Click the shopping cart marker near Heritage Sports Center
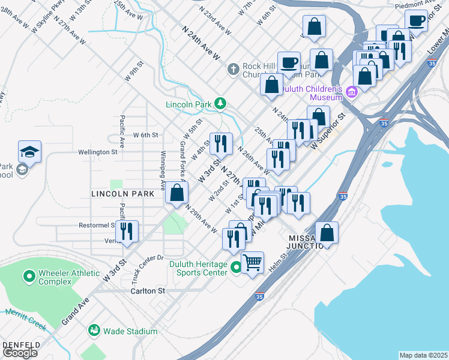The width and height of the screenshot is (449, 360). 252,262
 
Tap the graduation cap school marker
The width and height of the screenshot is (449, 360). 29,151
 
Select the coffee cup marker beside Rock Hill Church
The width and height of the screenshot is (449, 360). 289,62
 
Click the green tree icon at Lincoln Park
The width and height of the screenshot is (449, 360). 220,104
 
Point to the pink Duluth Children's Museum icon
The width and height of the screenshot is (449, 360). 351,92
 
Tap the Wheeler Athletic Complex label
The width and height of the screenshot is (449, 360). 68,277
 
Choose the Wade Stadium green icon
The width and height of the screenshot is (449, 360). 94,330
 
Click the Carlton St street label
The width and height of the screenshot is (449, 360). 148,290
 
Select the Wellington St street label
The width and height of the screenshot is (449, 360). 97,152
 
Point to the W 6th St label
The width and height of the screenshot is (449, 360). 145,135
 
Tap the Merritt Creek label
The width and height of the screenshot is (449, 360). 25,319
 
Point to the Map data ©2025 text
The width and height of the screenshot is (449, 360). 423,355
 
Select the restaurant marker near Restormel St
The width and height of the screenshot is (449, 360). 127,231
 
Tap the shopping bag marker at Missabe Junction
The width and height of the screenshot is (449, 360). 327,232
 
